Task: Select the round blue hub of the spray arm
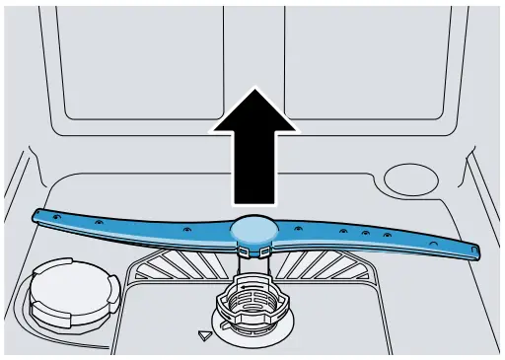click(253, 230)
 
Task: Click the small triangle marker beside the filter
click(205, 335)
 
